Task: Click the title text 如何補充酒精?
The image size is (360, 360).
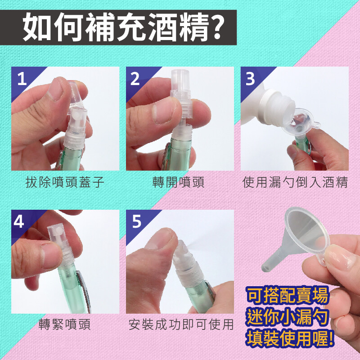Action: [123, 27]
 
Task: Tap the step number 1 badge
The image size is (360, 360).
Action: [22, 79]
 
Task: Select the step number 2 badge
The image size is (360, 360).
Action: [135, 79]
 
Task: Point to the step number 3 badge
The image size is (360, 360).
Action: [250, 79]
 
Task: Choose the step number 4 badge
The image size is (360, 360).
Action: [19, 221]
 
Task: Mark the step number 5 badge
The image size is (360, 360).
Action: [137, 221]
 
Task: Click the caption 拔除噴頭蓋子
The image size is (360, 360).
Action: [65, 182]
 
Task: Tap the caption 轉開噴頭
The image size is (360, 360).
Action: [178, 182]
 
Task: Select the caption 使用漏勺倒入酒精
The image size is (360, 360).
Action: [295, 182]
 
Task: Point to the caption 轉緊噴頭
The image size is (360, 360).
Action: [65, 324]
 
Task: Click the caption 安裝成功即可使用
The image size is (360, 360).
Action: [181, 324]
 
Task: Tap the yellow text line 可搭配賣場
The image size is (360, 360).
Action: [287, 295]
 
